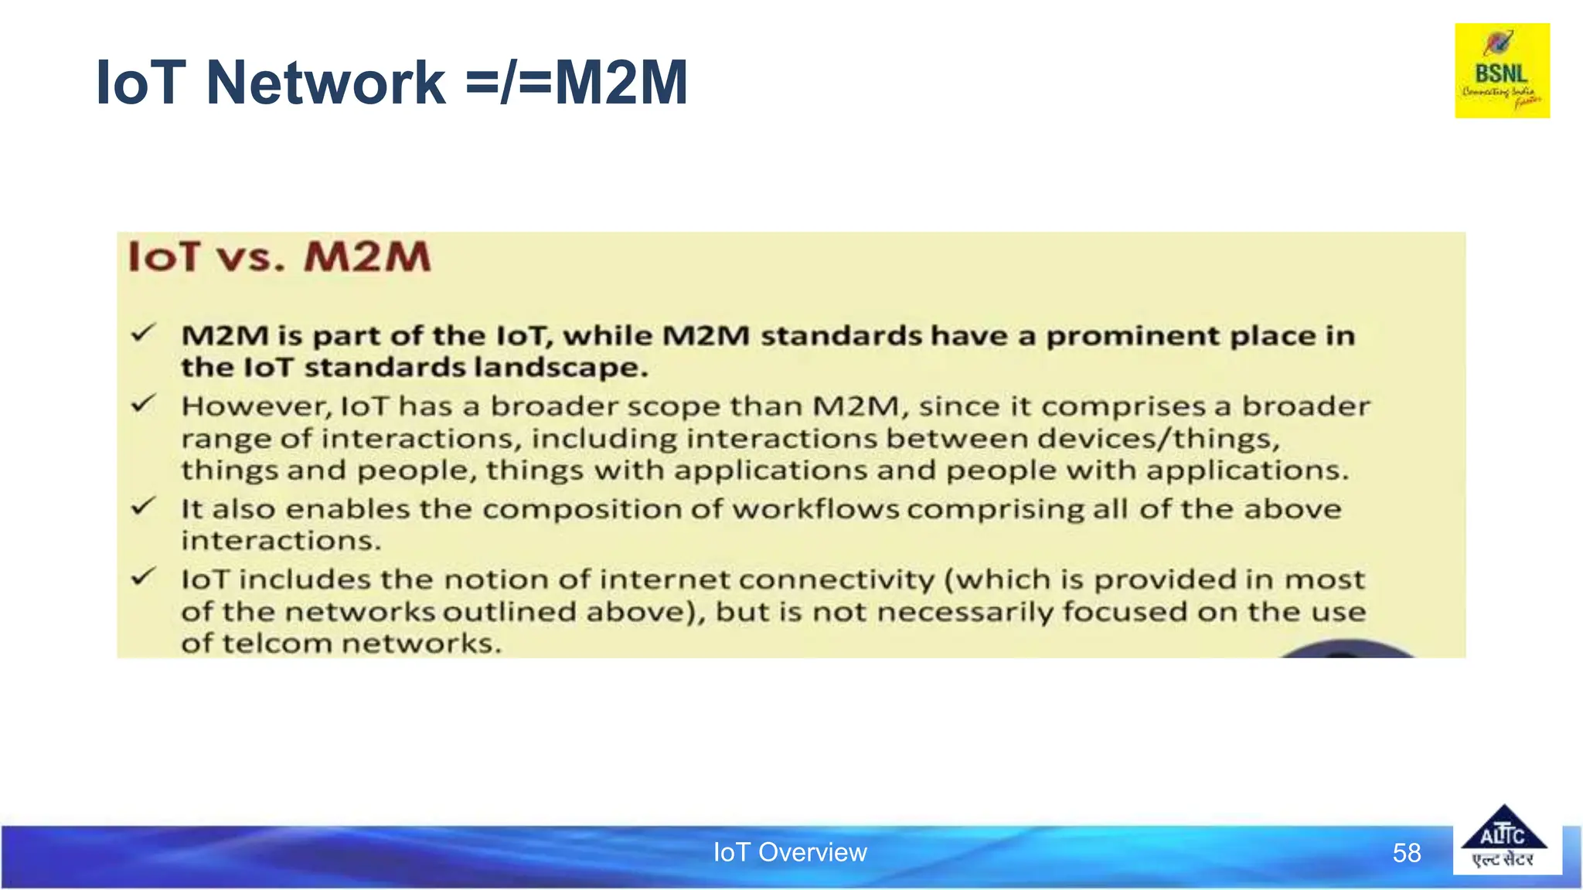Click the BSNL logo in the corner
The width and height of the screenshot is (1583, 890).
(1502, 70)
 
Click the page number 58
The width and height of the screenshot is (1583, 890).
(1406, 853)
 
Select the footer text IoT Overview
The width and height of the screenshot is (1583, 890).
(789, 852)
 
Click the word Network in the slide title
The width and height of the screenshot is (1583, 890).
(325, 83)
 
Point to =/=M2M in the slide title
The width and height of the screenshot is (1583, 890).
(576, 83)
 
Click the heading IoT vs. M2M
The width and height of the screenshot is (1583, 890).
(279, 256)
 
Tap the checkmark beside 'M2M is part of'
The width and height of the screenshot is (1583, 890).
(144, 334)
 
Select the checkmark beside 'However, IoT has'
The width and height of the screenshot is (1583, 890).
(144, 404)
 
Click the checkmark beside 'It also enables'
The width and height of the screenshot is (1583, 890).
(144, 507)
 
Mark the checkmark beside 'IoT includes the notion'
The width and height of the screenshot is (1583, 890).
(144, 577)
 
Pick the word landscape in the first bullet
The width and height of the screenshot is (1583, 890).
(560, 368)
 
